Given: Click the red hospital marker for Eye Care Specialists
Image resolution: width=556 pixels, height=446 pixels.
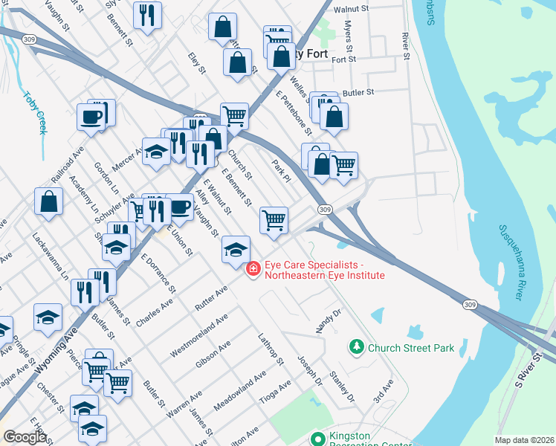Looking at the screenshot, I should (253, 268).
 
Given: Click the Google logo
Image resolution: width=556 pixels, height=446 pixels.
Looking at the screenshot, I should (25, 437).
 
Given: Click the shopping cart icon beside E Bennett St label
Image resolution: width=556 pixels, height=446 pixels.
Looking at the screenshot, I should (274, 219).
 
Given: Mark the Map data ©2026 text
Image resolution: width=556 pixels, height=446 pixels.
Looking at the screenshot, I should (523, 440).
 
